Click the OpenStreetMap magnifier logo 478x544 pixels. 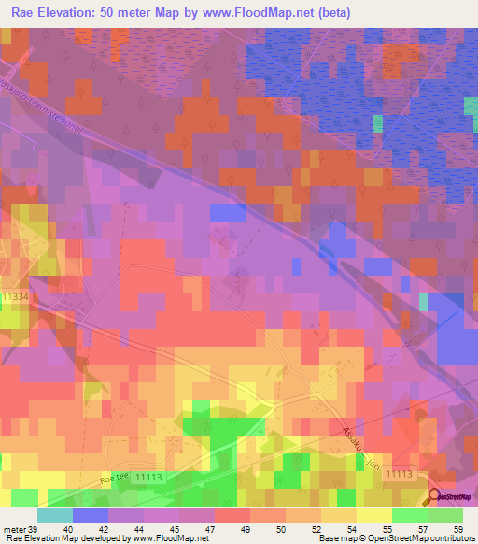tap(434, 497)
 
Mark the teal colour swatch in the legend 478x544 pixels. tap(55, 515)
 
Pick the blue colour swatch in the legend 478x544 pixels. tap(91, 515)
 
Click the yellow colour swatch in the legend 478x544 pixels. tap(373, 515)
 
